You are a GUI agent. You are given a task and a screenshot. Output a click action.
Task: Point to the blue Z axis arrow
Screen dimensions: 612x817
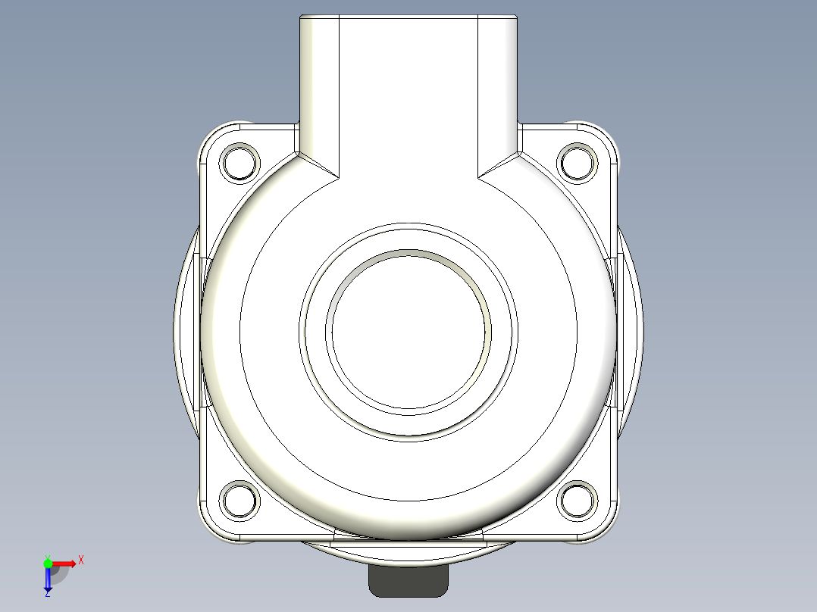[x=48, y=580]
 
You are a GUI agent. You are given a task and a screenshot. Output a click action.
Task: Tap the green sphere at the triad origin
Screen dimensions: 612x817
[x=48, y=563]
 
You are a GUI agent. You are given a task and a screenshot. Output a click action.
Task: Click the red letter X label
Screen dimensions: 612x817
[x=81, y=560]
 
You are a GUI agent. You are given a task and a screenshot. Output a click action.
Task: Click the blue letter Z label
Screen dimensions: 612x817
[x=47, y=594]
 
